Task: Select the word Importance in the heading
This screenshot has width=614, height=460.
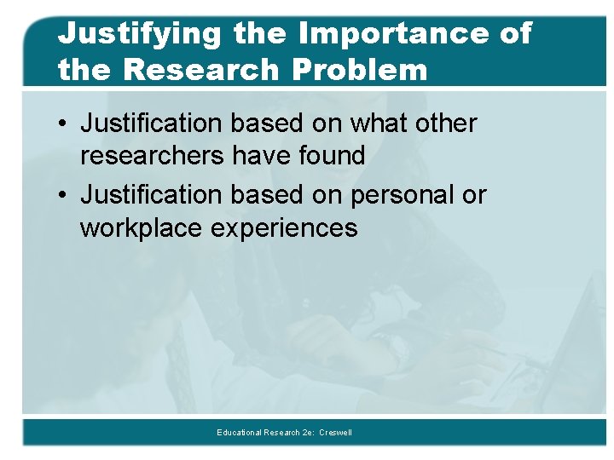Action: pyautogui.click(x=391, y=34)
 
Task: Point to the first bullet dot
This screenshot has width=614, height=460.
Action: pyautogui.click(x=64, y=124)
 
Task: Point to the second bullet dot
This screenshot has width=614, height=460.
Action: pyautogui.click(x=64, y=196)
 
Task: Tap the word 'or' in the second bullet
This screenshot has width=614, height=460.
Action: pyautogui.click(x=473, y=196)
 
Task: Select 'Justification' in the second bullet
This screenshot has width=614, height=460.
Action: pyautogui.click(x=150, y=196)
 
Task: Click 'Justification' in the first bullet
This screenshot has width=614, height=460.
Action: pyautogui.click(x=150, y=124)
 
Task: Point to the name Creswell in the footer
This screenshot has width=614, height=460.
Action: pyautogui.click(x=335, y=433)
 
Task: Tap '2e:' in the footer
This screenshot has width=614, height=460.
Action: pyautogui.click(x=309, y=433)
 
